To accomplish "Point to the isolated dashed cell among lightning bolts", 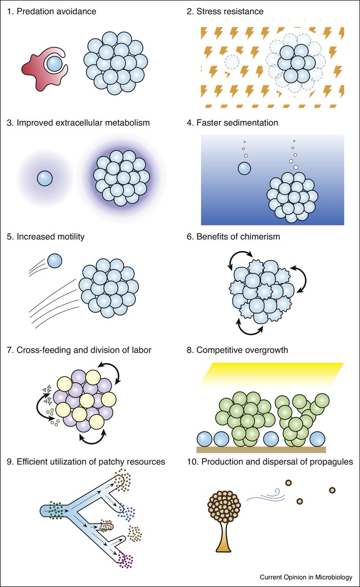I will tap(232, 62).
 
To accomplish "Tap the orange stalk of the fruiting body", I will tap(225, 558).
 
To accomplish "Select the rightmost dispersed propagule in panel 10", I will tap(333, 490).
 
